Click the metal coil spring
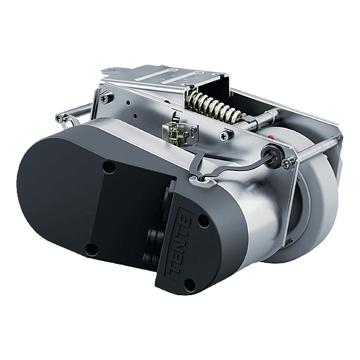pos(211,106)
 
